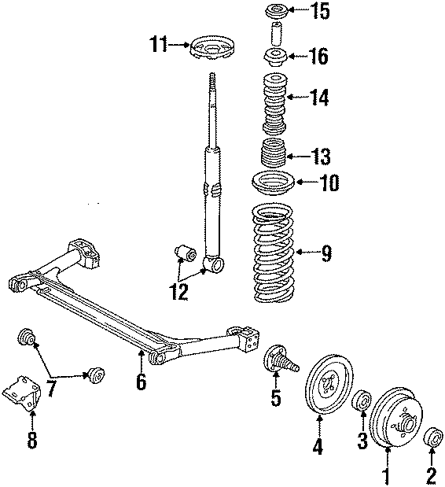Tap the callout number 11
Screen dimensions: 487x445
click(159, 45)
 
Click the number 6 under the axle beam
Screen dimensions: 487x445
click(142, 383)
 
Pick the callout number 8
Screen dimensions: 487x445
click(32, 441)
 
